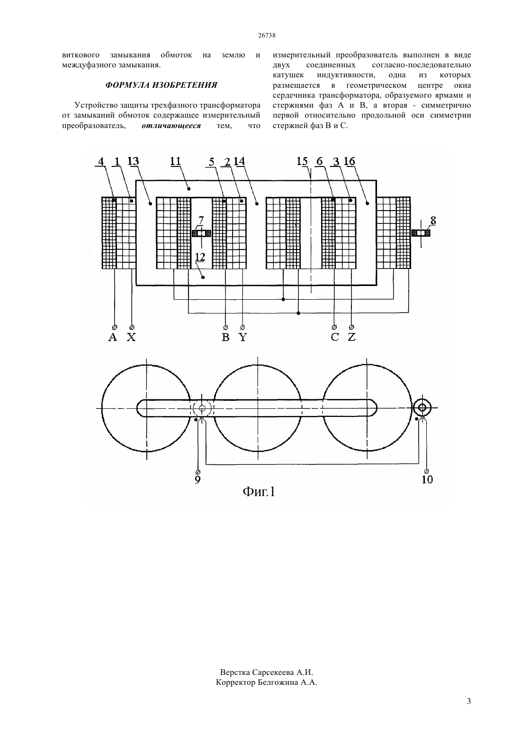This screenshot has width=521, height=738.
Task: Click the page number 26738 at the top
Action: [x=267, y=35]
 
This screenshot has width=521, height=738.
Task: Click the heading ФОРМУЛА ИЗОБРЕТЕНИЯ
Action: [x=161, y=85]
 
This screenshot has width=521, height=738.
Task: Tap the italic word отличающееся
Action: [x=171, y=126]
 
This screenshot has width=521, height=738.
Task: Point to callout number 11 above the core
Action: [x=176, y=161]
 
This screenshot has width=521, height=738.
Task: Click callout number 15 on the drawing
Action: [x=302, y=161]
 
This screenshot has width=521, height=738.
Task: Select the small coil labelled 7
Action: [x=201, y=233]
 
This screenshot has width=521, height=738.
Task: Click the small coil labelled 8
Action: [x=421, y=233]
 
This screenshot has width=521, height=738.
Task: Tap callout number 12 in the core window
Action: [x=200, y=257]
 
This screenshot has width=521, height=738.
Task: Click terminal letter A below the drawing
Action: [x=113, y=337]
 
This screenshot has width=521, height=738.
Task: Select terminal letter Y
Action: [x=243, y=337]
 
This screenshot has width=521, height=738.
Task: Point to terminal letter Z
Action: [x=351, y=337]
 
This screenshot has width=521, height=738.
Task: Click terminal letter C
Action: [x=334, y=337]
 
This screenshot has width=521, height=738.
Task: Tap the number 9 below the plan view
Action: [x=198, y=480]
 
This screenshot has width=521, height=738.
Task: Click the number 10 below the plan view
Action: [x=427, y=480]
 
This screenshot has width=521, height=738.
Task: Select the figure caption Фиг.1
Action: [x=259, y=492]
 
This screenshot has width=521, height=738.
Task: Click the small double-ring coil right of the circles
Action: [x=422, y=408]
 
